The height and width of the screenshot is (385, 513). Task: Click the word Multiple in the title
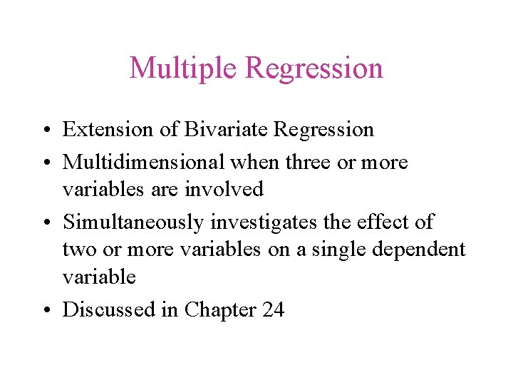[183, 68]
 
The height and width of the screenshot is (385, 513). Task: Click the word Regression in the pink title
[314, 68]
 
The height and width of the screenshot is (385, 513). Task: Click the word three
[308, 162]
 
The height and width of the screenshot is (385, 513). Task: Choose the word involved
[230, 189]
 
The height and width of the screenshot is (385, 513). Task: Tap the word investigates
[263, 222]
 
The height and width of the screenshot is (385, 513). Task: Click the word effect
[380, 222]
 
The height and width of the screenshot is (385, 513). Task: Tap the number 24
[272, 309]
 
